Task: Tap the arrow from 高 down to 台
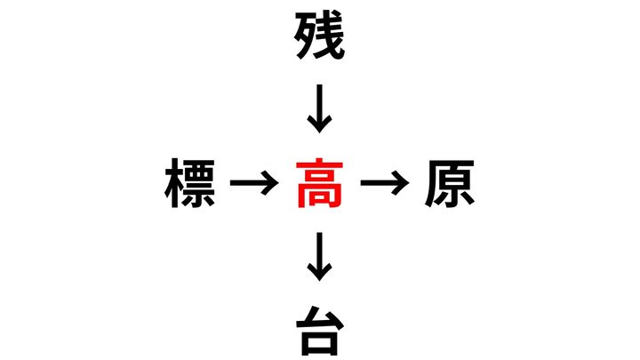[319, 258]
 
